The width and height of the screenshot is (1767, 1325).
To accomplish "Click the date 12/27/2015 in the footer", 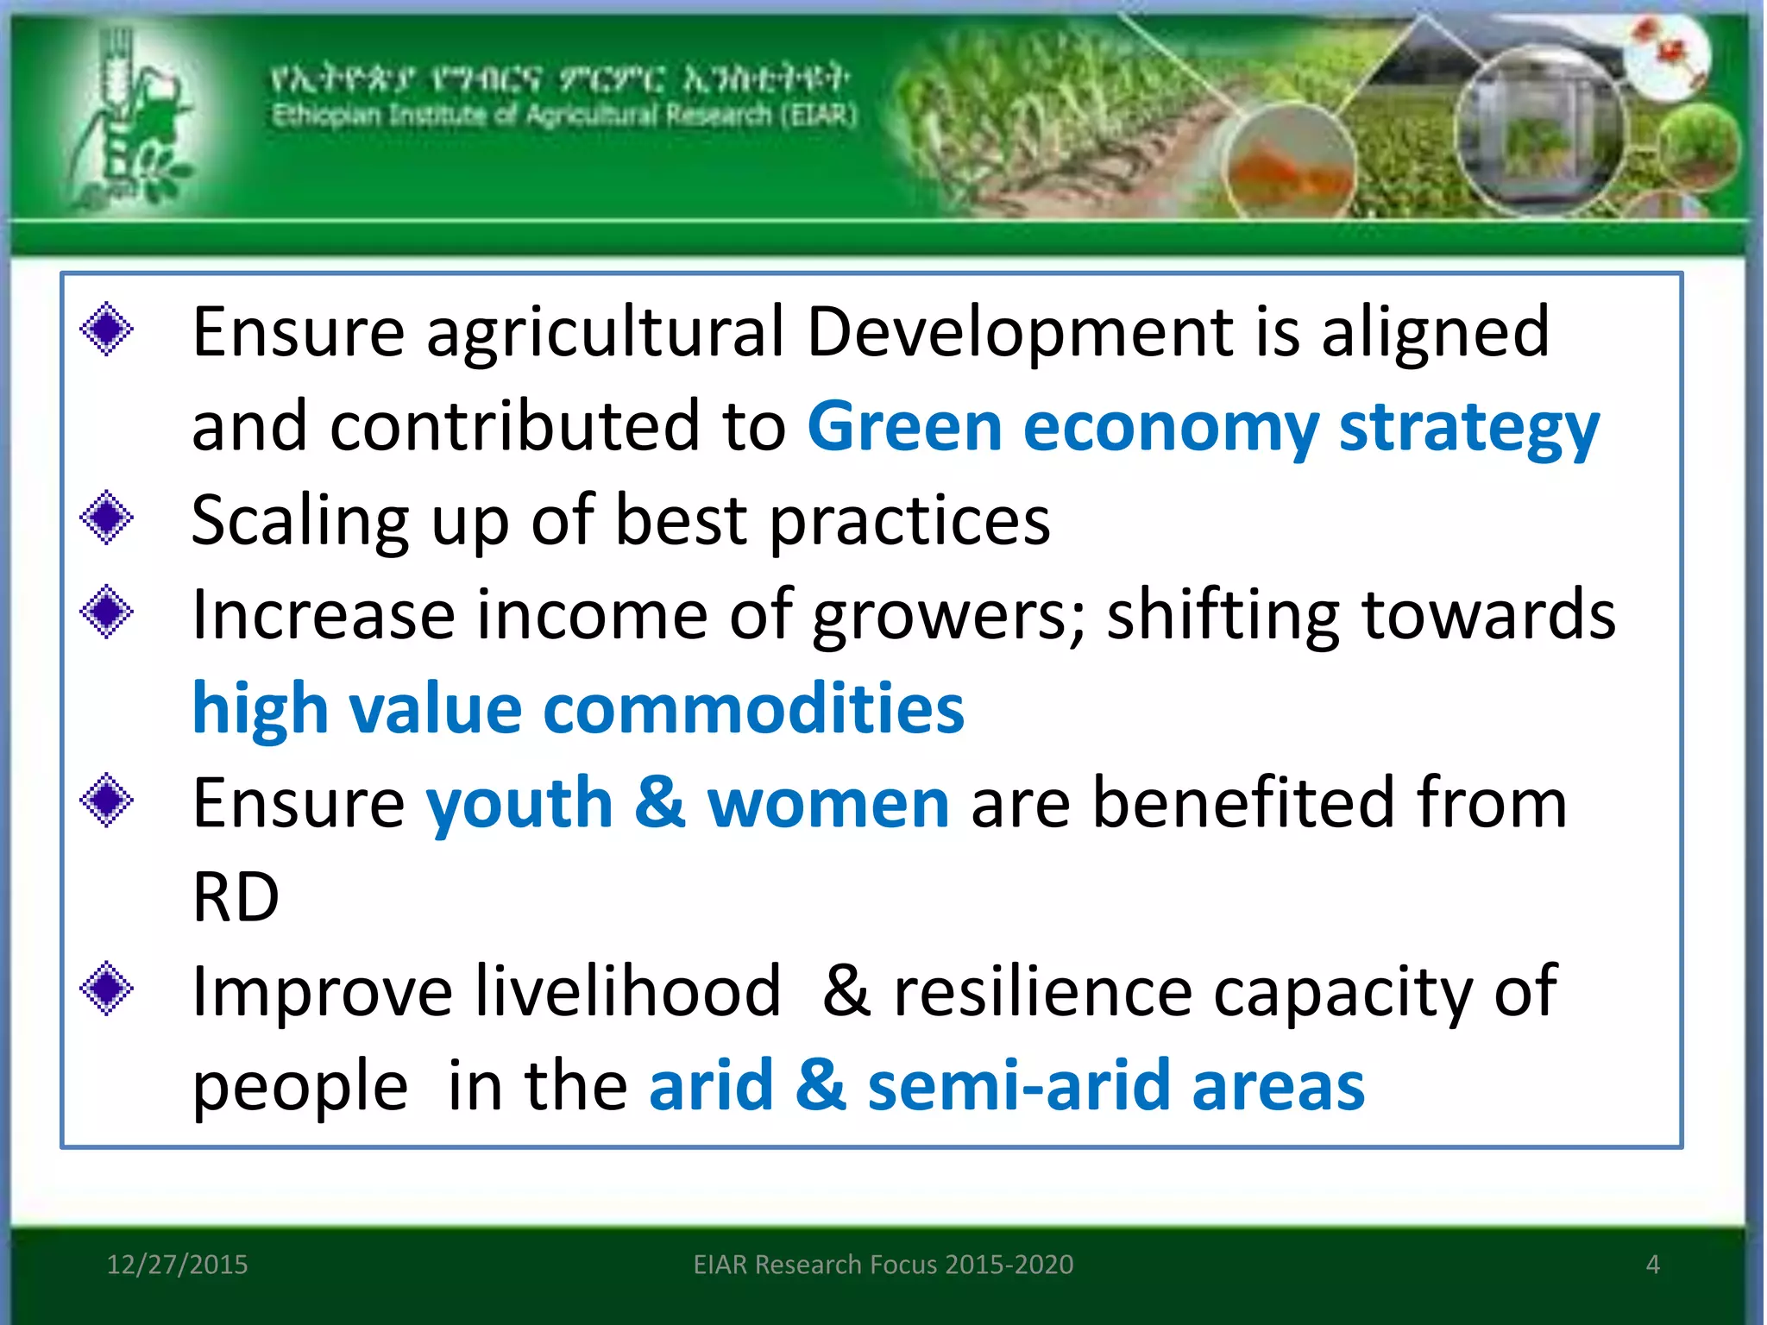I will [x=177, y=1265].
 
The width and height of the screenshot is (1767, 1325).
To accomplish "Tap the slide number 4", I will [x=1652, y=1265].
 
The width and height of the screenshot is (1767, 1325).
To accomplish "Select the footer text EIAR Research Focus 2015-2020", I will [x=883, y=1265].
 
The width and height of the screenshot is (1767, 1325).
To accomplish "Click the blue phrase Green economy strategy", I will [x=1203, y=427].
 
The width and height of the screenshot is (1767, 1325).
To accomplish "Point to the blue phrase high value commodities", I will [x=578, y=709].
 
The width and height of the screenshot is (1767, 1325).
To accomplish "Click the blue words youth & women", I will [x=688, y=803].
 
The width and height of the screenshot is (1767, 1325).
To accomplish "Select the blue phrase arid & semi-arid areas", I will [x=1006, y=1086].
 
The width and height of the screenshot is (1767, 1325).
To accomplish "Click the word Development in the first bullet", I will [x=1019, y=333].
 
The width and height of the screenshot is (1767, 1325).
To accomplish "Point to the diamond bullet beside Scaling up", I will [x=107, y=518].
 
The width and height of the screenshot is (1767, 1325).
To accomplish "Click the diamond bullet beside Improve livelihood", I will [x=107, y=989].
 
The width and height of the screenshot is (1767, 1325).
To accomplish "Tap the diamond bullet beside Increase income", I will [x=107, y=612].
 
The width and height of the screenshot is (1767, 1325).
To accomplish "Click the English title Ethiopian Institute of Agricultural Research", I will [x=564, y=115].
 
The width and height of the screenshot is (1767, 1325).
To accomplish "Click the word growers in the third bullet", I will [x=949, y=615].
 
